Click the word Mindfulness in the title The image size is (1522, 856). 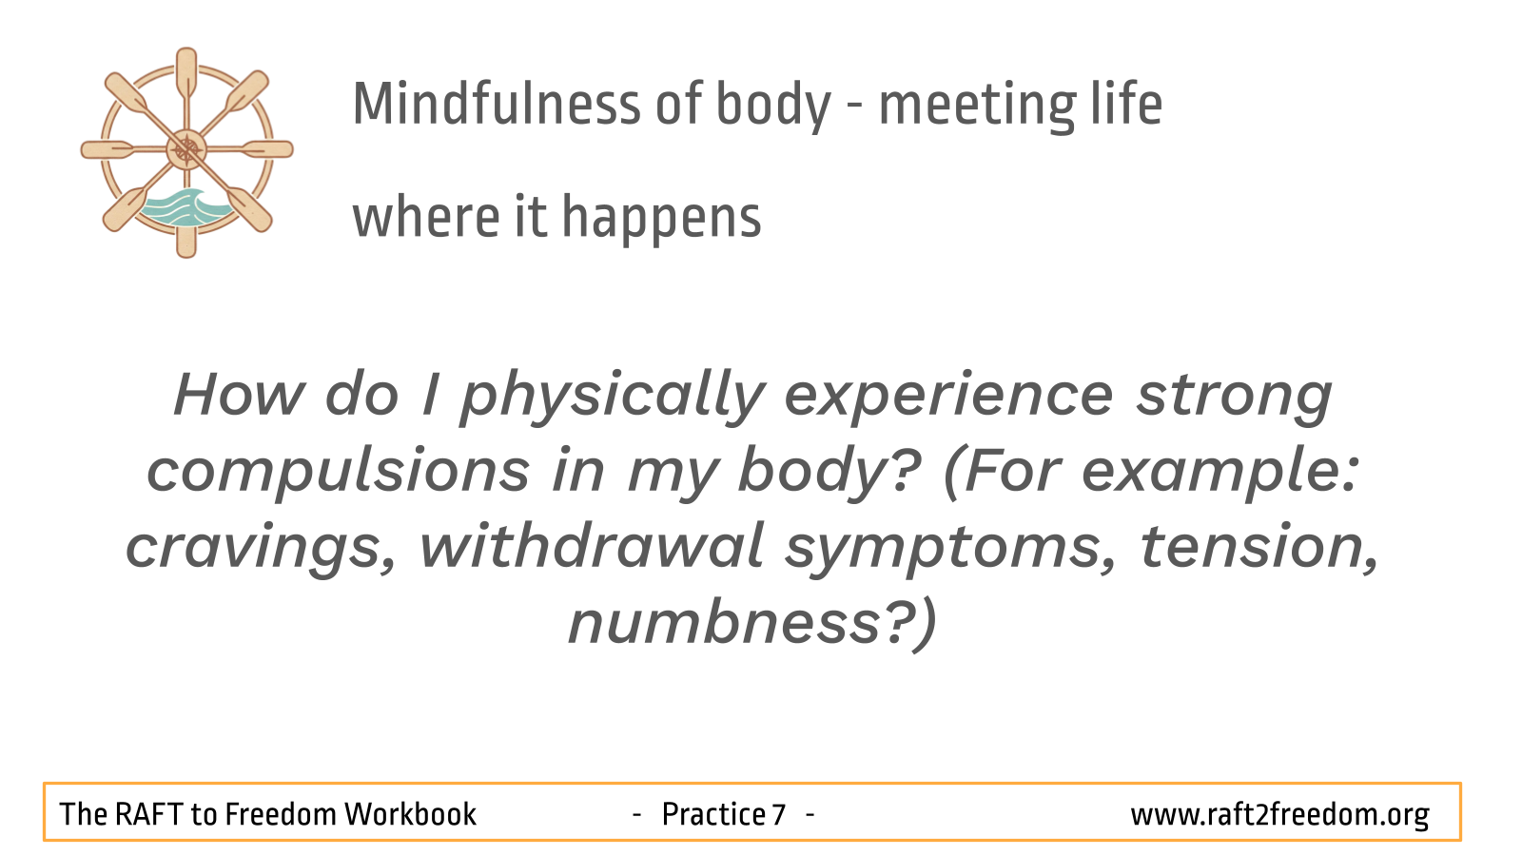[497, 104]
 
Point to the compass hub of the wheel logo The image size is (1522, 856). [186, 149]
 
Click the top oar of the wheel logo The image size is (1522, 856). [186, 75]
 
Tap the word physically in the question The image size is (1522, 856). [614, 399]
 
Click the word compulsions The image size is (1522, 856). [339, 471]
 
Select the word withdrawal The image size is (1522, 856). [591, 546]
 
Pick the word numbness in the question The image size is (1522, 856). [724, 623]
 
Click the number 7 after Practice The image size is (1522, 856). [779, 814]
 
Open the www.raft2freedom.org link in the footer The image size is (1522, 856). [1280, 815]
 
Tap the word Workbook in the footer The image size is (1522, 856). [410, 814]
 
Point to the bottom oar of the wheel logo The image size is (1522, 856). [186, 234]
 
